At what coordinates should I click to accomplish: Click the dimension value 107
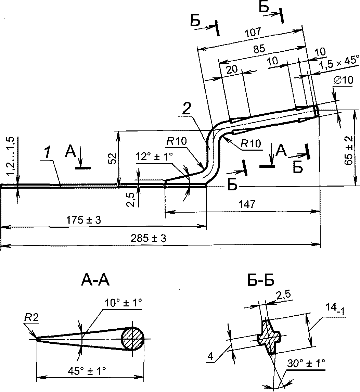(253, 32)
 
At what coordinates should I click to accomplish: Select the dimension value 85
(259, 49)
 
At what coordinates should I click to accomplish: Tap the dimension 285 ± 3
(149, 238)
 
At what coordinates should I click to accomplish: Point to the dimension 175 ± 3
(83, 220)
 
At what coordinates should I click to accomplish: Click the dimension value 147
(247, 204)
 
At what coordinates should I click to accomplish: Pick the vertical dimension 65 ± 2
(348, 151)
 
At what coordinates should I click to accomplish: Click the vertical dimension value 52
(113, 159)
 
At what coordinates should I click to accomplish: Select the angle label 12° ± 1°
(154, 157)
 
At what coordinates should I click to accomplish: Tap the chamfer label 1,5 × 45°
(339, 63)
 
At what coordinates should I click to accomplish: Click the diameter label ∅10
(343, 80)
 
